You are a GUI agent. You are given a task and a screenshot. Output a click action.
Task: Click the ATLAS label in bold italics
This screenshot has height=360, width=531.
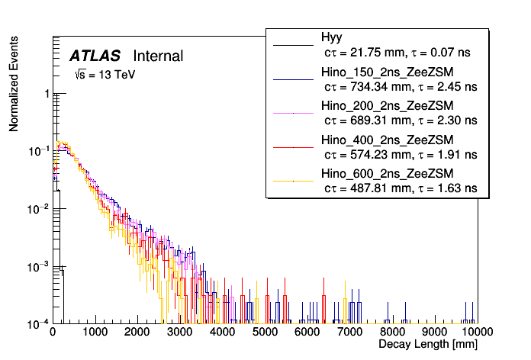pos(96,56)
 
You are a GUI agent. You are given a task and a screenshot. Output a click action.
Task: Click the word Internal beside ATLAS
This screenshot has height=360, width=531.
pos(158,56)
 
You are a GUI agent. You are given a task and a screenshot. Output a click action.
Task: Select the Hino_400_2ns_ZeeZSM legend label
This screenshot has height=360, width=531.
pos(387,140)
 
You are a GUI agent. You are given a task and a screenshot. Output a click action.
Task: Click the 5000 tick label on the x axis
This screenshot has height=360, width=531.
pos(265,333)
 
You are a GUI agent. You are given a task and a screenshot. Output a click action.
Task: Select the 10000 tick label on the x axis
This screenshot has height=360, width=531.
pos(475,333)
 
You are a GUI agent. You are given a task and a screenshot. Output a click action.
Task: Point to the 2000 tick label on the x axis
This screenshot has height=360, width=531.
pos(137,333)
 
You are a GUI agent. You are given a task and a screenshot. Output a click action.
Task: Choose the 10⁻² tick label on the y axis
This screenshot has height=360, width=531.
pos(40,209)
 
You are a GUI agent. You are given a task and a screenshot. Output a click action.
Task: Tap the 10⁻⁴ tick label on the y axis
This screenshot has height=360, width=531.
pos(40,323)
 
